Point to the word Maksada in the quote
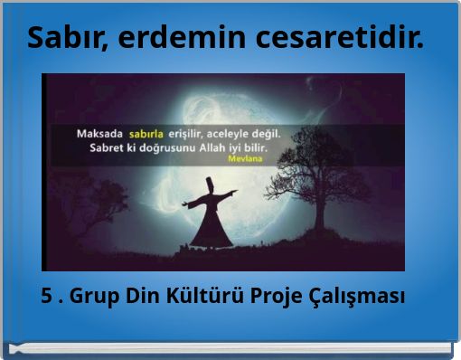[x=100, y=133]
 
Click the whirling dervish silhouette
[x=208, y=217]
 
